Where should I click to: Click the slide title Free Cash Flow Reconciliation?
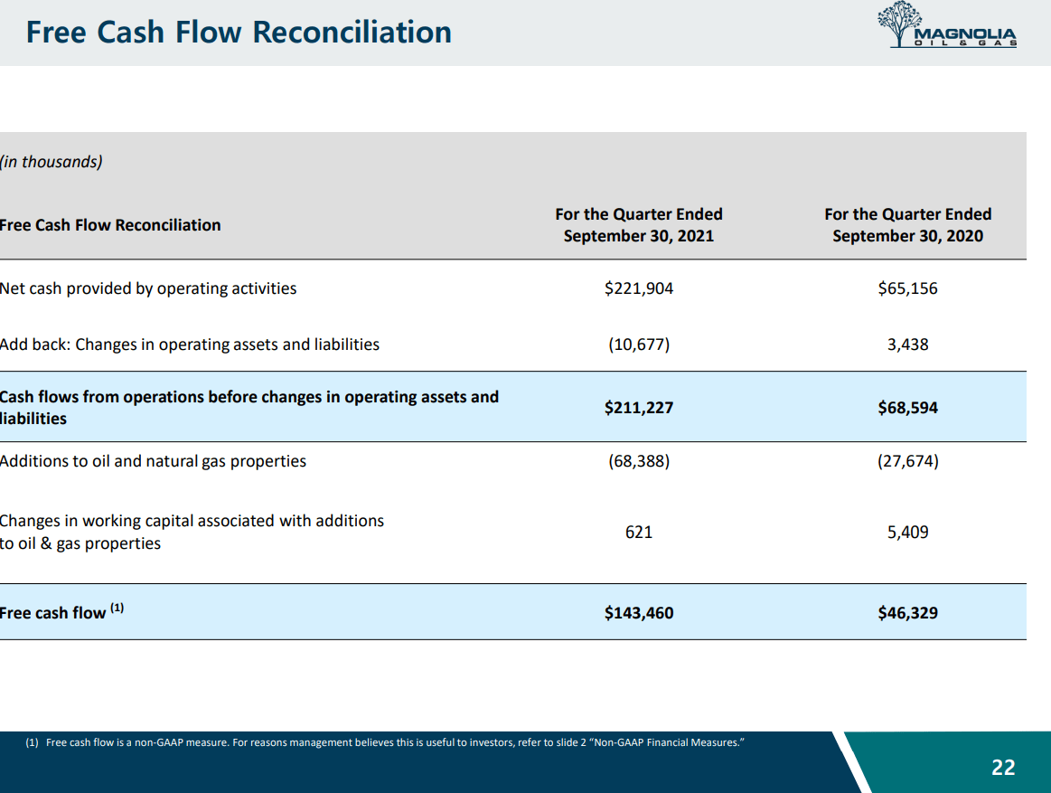tap(239, 33)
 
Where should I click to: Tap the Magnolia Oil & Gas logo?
tap(947, 27)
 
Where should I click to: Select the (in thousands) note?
tap(52, 162)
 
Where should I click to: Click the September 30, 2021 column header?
tap(639, 225)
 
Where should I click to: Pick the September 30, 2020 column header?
tap(907, 225)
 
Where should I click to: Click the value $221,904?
tap(639, 288)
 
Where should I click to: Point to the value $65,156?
tap(907, 288)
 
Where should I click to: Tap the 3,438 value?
tap(907, 345)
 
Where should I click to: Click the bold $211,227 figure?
tap(639, 408)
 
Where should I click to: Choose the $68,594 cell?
tap(907, 408)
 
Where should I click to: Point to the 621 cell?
tap(639, 533)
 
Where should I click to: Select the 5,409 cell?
tap(907, 533)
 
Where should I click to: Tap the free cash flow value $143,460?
tap(639, 613)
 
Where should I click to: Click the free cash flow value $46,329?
tap(907, 613)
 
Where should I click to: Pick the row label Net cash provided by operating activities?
tap(148, 288)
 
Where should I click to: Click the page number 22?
tap(1003, 768)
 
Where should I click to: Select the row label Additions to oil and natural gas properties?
tap(153, 461)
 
